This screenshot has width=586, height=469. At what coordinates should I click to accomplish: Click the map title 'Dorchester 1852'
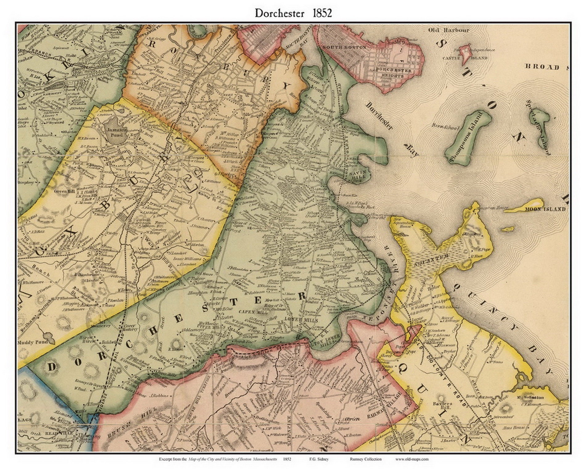click(293, 13)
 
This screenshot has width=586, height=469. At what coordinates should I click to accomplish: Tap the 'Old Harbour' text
click(448, 30)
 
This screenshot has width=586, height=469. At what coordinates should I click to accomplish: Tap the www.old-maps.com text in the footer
click(412, 459)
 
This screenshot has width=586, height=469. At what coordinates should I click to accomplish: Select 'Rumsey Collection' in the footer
click(365, 459)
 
